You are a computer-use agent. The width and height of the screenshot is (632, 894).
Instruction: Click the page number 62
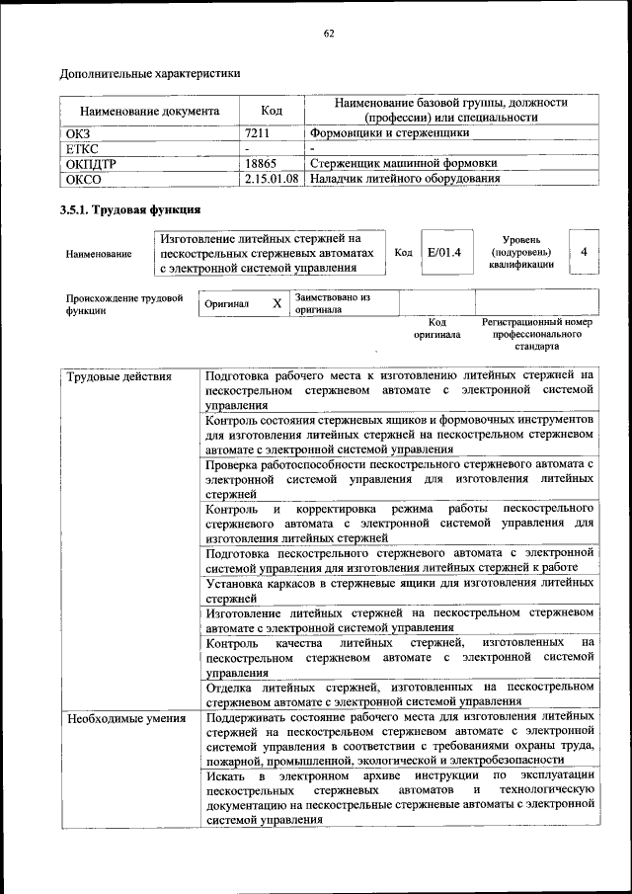[x=329, y=34]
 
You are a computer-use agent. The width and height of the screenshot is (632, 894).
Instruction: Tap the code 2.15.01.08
[x=272, y=179]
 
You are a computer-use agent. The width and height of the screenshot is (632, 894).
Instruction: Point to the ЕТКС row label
[x=82, y=148]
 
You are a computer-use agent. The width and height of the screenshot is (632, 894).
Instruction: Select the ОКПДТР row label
[x=90, y=164]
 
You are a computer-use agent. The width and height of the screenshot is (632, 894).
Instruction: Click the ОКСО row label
[x=83, y=179]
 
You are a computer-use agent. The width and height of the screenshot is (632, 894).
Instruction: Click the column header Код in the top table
[x=272, y=112]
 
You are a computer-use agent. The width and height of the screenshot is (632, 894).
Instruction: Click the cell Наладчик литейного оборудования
[x=404, y=179]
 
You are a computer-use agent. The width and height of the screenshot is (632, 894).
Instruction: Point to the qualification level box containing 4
[x=584, y=252]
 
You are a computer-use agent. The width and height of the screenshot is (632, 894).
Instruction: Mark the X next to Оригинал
[x=276, y=304]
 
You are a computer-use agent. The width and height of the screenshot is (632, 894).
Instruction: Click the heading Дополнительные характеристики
[x=149, y=73]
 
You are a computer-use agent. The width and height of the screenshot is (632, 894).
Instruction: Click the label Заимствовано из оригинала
[x=332, y=303]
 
